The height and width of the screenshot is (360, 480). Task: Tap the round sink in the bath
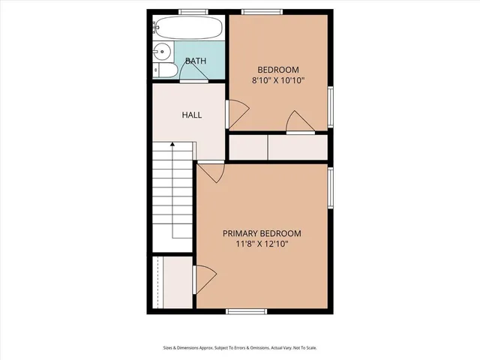click(x=160, y=52)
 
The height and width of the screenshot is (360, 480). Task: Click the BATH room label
click(x=196, y=61)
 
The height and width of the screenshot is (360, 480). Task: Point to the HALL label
click(x=192, y=115)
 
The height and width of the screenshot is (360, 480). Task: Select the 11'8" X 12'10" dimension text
click(x=262, y=244)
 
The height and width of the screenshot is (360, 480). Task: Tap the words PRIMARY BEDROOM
click(x=262, y=232)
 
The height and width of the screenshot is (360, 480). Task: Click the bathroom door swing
click(x=192, y=70)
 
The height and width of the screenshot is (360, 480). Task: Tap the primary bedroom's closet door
click(x=203, y=279)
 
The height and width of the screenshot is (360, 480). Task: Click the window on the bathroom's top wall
click(x=193, y=11)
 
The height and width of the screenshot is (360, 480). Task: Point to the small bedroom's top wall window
click(x=261, y=11)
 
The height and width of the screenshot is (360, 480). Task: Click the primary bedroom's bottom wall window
click(x=246, y=310)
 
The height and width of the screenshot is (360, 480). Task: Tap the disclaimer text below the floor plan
click(x=239, y=348)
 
